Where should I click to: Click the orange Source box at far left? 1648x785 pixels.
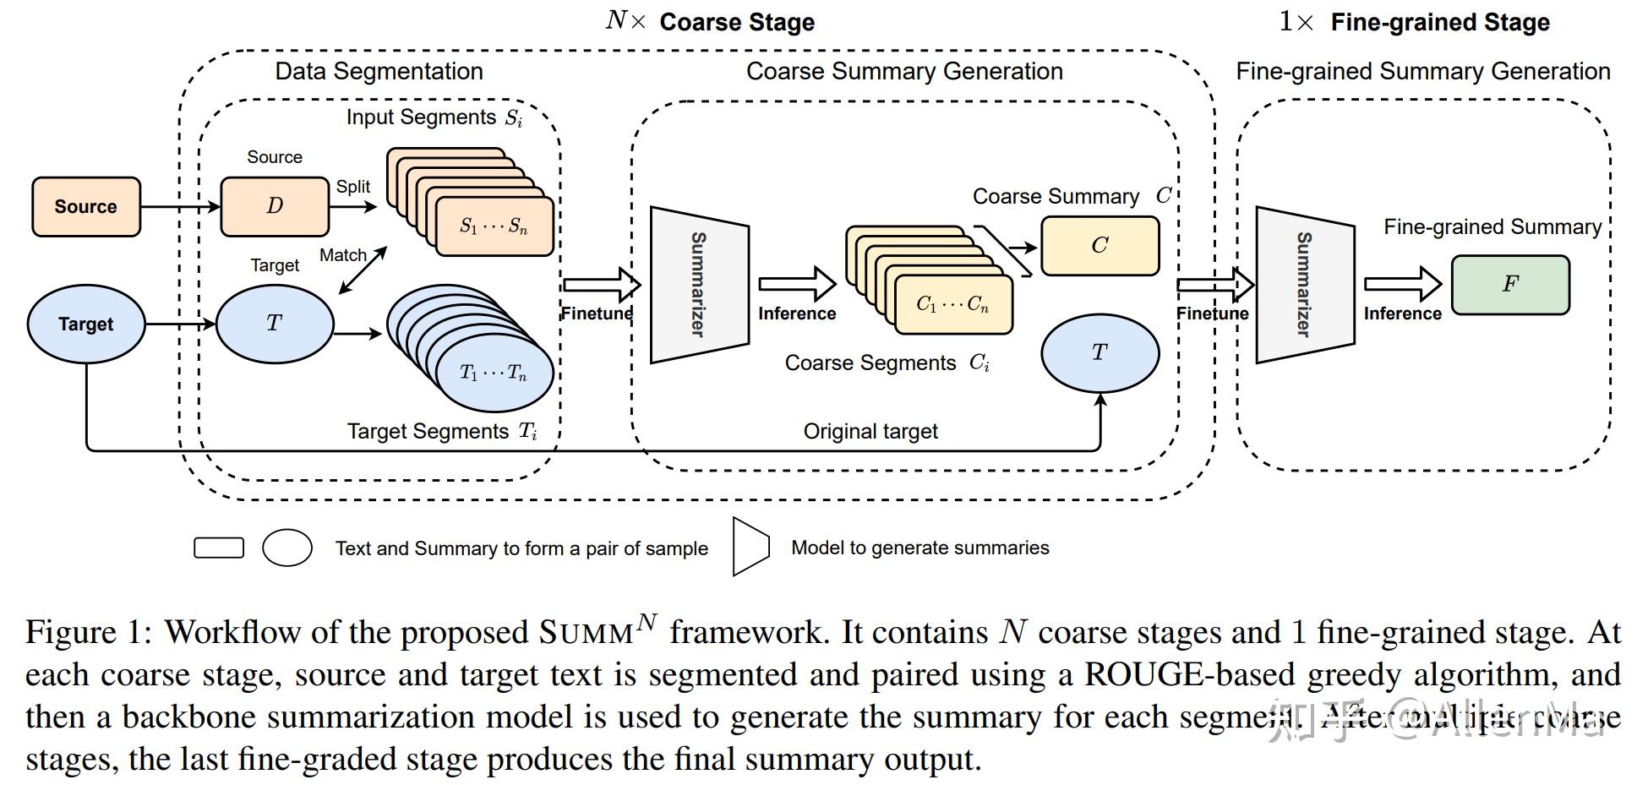(85, 206)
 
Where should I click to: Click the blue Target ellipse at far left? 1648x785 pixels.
(85, 324)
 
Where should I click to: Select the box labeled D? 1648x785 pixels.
(275, 206)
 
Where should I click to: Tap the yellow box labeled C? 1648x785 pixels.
(1100, 246)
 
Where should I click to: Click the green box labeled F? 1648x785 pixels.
(1510, 285)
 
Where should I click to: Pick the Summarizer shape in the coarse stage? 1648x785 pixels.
(699, 285)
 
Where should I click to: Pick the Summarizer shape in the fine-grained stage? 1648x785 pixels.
(1304, 285)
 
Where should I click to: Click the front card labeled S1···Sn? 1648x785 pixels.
(494, 226)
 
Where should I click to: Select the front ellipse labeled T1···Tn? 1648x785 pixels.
(494, 373)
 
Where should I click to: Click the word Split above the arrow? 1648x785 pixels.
(352, 187)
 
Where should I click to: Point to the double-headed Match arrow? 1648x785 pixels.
(363, 270)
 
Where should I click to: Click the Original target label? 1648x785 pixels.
(870, 432)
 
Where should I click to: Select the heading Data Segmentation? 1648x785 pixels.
(379, 71)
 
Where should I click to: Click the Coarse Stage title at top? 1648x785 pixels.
(736, 23)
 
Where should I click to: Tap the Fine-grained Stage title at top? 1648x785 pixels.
(1439, 23)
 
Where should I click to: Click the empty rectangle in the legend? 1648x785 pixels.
(219, 548)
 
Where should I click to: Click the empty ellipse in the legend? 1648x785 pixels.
(287, 548)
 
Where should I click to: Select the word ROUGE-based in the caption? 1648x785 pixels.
(1189, 675)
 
